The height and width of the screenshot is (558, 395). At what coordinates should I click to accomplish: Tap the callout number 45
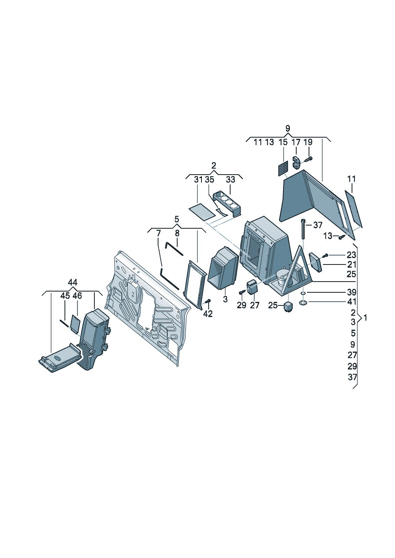(65, 296)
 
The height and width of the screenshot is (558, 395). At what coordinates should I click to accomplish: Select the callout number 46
(77, 296)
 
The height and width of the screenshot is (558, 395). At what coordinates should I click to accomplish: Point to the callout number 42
(208, 314)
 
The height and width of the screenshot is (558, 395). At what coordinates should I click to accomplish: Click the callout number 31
(198, 180)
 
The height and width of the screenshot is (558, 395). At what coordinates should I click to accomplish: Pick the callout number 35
(209, 180)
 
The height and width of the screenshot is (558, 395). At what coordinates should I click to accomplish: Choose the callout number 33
(231, 180)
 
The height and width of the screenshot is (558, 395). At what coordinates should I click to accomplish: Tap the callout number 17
(296, 142)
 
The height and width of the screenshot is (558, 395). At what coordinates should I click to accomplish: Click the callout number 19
(308, 142)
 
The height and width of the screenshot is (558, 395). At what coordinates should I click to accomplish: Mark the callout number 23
(351, 255)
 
